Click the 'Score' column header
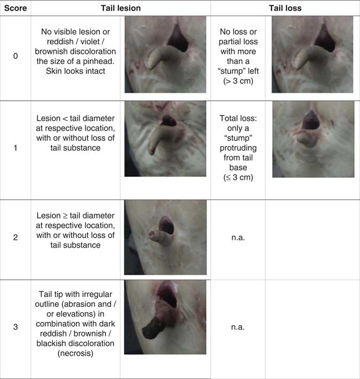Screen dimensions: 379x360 (x=15, y=8)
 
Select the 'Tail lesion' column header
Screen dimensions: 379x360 (x=121, y=8)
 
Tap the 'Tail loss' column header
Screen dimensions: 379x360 (x=285, y=8)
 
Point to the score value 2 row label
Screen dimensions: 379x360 (x=15, y=238)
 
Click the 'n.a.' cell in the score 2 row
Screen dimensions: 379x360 (x=238, y=238)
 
